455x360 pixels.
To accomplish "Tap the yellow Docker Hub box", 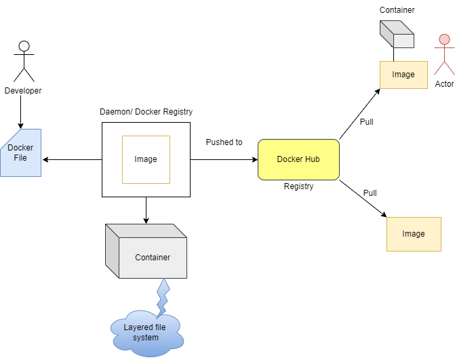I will coord(298,159).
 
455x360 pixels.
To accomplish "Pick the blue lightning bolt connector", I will coord(162,297).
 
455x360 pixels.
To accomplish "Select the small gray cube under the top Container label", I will coord(396,34).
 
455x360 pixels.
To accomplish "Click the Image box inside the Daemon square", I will coord(145,159).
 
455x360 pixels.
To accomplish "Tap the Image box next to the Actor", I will coord(403,75).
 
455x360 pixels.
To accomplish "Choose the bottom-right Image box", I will coord(413,234).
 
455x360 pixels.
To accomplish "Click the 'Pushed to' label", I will coord(224,142).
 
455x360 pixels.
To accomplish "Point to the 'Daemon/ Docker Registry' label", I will coord(145,111).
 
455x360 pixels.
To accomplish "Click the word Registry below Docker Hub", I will coord(298,186).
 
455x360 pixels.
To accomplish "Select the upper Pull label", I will coord(366,122).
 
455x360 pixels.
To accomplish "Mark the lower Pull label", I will coord(370,193).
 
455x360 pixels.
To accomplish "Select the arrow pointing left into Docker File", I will coord(71,160).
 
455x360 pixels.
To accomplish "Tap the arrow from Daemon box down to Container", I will coord(145,210).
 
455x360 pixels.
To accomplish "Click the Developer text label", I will coord(23,91).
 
